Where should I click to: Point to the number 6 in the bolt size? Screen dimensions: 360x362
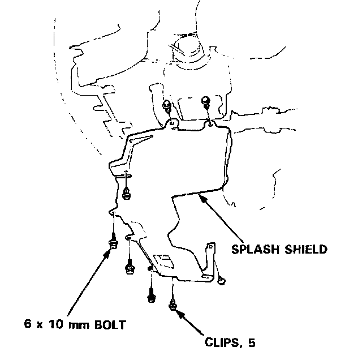pos(27,325)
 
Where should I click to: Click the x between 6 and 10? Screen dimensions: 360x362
pos(40,326)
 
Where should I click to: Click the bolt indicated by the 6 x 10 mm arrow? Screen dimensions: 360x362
pos(113,242)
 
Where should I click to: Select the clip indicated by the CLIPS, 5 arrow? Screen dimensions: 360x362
pos(172,305)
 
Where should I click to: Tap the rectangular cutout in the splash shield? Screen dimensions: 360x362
pos(163,260)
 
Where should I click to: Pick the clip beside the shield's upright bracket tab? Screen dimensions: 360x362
pos(221,280)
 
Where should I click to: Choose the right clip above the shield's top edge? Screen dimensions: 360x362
pos(206,103)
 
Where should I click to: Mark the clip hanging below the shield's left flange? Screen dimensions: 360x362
pos(127,194)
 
